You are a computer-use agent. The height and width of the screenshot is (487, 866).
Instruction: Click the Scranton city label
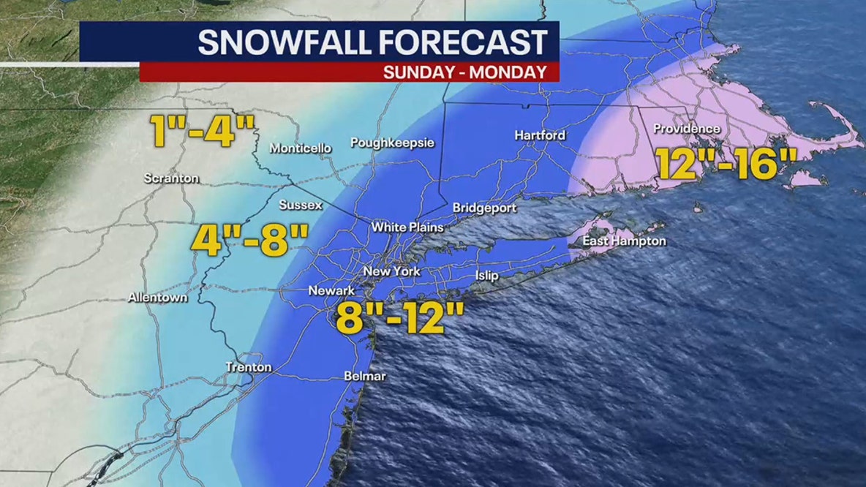click(171, 178)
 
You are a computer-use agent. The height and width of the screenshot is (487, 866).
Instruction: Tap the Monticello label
click(301, 148)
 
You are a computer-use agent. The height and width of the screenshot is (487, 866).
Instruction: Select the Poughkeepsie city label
click(392, 143)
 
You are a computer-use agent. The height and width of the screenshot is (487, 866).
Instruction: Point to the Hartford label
click(540, 135)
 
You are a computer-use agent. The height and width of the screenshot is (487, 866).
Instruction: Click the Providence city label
click(687, 129)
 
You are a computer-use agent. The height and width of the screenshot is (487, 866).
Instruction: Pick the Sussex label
click(300, 205)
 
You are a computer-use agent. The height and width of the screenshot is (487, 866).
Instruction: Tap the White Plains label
click(407, 227)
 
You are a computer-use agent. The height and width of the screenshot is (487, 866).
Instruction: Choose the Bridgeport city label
click(484, 208)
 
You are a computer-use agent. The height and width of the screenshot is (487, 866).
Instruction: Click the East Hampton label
click(624, 241)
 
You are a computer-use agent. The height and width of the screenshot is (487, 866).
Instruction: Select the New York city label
click(392, 271)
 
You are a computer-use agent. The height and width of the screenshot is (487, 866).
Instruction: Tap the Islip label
click(486, 276)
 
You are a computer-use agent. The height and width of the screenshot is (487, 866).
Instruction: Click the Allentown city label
click(157, 298)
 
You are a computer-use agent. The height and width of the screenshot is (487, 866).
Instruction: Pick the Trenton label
click(249, 367)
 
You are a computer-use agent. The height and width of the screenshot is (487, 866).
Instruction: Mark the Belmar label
click(364, 377)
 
